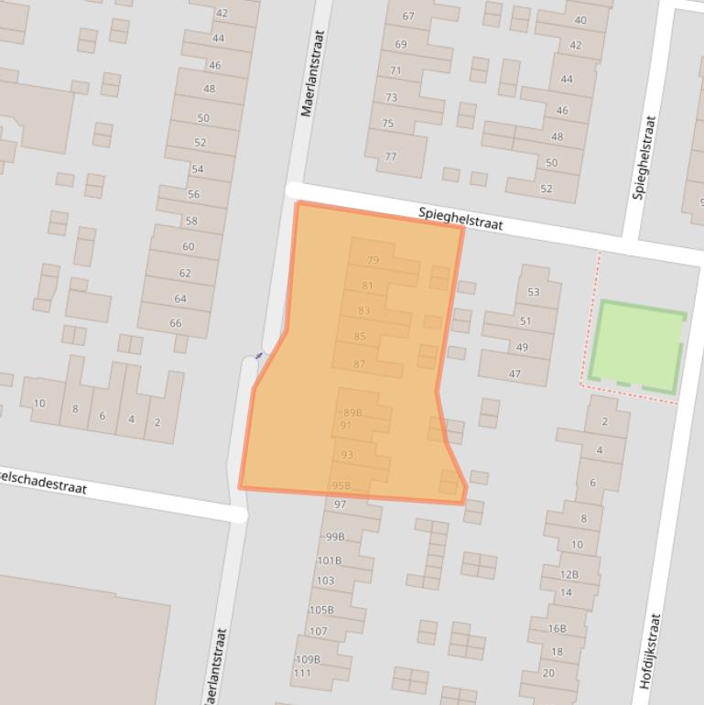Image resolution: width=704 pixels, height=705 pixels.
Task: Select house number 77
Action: click(391, 157)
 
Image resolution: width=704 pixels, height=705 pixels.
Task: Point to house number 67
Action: click(408, 16)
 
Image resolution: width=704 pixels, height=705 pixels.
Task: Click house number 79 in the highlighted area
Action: click(373, 260)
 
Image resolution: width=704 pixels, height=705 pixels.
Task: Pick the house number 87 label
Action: click(359, 364)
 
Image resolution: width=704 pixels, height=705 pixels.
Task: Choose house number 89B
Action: click(352, 413)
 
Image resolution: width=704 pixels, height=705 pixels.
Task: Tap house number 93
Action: click(347, 455)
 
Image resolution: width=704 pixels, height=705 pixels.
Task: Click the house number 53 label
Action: click(533, 293)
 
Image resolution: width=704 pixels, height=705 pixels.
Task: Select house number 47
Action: click(514, 374)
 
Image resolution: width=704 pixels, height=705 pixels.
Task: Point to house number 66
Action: click(176, 323)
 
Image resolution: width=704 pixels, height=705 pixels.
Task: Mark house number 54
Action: click(198, 168)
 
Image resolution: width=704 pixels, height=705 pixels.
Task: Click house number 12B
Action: click(569, 575)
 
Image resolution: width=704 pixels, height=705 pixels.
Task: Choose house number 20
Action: click(548, 674)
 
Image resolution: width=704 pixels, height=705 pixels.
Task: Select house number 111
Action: click(302, 673)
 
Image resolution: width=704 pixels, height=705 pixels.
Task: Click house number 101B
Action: click(330, 560)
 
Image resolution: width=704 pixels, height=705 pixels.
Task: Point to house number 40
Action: click(580, 20)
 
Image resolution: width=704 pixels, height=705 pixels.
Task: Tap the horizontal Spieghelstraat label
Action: click(460, 218)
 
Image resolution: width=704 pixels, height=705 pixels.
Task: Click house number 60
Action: click(188, 246)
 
